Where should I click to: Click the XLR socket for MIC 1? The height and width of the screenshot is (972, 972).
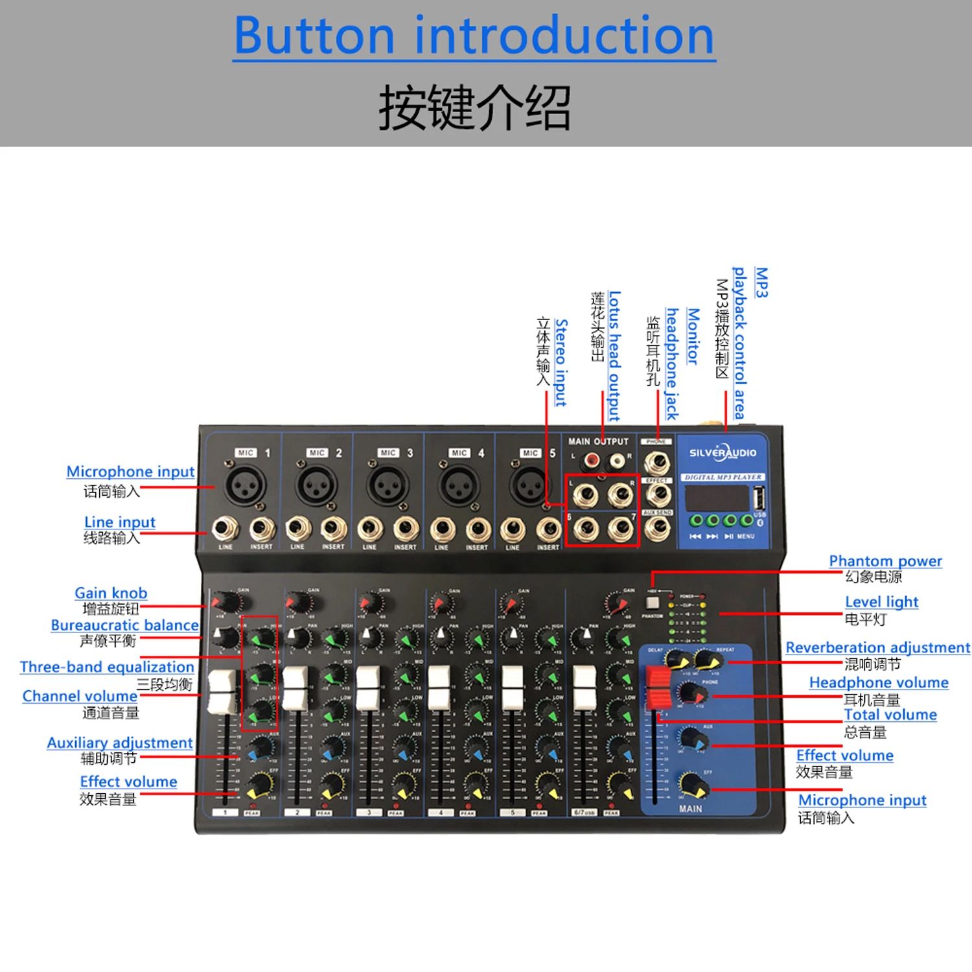[x=245, y=484]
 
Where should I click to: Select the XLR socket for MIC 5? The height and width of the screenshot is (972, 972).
[x=529, y=484]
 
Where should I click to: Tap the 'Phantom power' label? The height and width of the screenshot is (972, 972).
[x=885, y=561]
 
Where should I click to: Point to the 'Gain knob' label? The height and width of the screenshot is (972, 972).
[x=111, y=592]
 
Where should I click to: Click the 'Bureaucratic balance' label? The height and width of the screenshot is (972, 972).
[x=124, y=625]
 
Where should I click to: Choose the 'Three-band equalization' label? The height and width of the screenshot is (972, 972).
[x=107, y=667]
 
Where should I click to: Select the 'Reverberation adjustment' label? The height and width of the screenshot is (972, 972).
[x=877, y=647]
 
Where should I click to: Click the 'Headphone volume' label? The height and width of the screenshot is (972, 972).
[x=879, y=682]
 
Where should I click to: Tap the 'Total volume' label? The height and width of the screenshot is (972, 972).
[x=890, y=715]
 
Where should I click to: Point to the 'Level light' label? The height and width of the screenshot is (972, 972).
[x=881, y=602]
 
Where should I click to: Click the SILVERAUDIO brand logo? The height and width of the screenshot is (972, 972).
[x=723, y=453]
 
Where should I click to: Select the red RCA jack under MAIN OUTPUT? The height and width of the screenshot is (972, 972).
[x=590, y=461]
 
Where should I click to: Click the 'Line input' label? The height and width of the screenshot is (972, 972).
[x=120, y=522]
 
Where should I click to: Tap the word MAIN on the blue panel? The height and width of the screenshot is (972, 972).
[x=690, y=809]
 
